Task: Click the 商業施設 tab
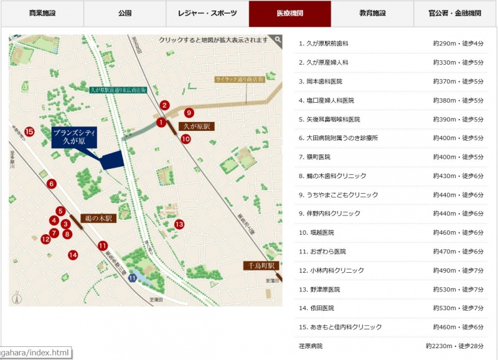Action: (42, 13)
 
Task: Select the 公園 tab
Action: (125, 13)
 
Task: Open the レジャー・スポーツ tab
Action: (207, 13)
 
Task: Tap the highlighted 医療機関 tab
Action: (290, 13)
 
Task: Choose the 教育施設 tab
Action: (372, 13)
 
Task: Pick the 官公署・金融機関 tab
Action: (455, 13)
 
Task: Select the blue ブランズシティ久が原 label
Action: (73, 137)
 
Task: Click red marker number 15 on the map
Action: (29, 131)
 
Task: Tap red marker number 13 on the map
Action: (179, 224)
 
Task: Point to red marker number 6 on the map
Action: (52, 184)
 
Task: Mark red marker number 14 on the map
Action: (73, 255)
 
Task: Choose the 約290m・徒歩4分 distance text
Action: (458, 44)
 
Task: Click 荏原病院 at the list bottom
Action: (311, 346)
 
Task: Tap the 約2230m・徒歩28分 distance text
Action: (454, 346)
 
